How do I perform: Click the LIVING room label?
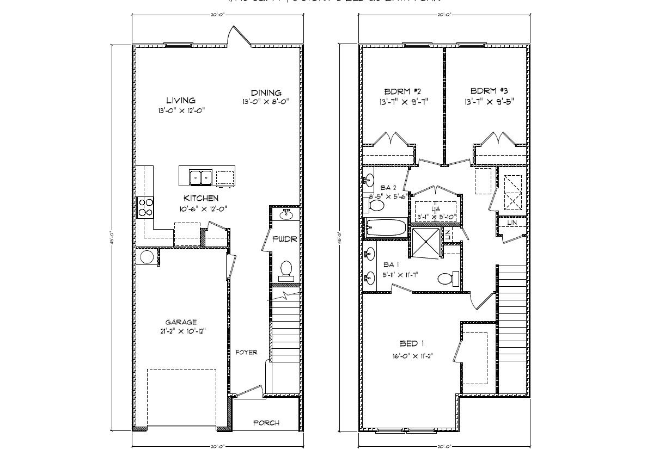coord(181,100)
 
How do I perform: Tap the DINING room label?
coord(266,93)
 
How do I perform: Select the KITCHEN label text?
coord(201,198)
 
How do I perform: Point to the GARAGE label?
coord(181,322)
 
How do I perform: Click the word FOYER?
coord(246,352)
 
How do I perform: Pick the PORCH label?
coord(266,423)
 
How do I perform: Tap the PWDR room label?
coord(284,239)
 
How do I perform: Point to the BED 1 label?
coord(412,343)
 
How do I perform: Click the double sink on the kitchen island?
coord(200,177)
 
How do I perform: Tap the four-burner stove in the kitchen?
coord(146,207)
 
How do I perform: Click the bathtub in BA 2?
coord(386,228)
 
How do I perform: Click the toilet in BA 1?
coord(446,279)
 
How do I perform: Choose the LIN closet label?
coord(512,223)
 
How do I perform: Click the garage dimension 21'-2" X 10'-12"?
coord(181,331)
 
